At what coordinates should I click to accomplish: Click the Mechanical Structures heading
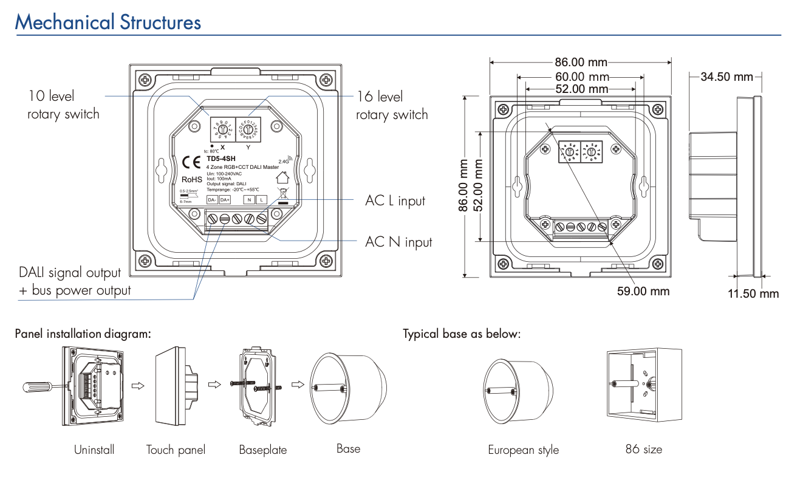[x=108, y=22]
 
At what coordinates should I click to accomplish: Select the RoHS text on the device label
[x=191, y=179]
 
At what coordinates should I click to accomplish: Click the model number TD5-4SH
[x=217, y=160]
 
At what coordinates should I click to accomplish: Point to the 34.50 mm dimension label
[x=726, y=77]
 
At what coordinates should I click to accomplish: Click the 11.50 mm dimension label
[x=753, y=294]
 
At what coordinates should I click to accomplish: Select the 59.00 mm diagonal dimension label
[x=643, y=291]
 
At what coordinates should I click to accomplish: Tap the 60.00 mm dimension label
[x=581, y=77]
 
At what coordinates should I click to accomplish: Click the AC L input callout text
[x=395, y=201]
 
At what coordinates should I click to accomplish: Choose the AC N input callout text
[x=398, y=242]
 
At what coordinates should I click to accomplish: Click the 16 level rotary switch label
[x=392, y=106]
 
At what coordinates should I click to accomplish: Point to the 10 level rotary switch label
[x=63, y=105]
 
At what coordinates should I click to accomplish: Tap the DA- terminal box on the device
[x=212, y=199]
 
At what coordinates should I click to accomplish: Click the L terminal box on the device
[x=261, y=199]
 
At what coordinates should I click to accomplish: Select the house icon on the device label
[x=282, y=177]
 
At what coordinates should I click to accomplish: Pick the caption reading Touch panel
[x=176, y=450]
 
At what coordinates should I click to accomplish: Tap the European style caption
[x=523, y=450]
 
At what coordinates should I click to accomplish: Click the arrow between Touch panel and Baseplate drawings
[x=213, y=384]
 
